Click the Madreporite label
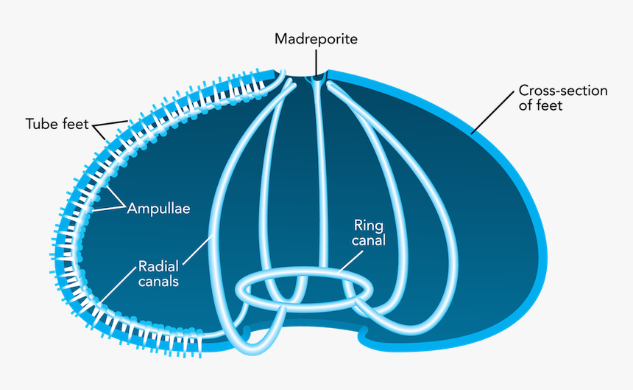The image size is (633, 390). pos(316,39)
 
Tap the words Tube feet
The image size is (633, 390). pos(57,124)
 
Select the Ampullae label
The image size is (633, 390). pos(159,209)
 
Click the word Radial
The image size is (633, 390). pos(158,266)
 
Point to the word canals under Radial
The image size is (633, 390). pos(158,281)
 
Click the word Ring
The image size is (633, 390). pos(369,226)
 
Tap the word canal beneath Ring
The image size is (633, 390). pos(369,240)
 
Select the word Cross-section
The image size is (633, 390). pos(563,91)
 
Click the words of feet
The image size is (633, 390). pos(540,105)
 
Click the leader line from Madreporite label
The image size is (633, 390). pos(316,62)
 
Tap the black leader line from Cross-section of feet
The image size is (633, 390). pos(492,112)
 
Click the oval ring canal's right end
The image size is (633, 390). pos(369,288)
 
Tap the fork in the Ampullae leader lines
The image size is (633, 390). pos(124,206)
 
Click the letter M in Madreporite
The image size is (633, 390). pos(281,39)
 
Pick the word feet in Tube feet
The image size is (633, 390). pos(75,124)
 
